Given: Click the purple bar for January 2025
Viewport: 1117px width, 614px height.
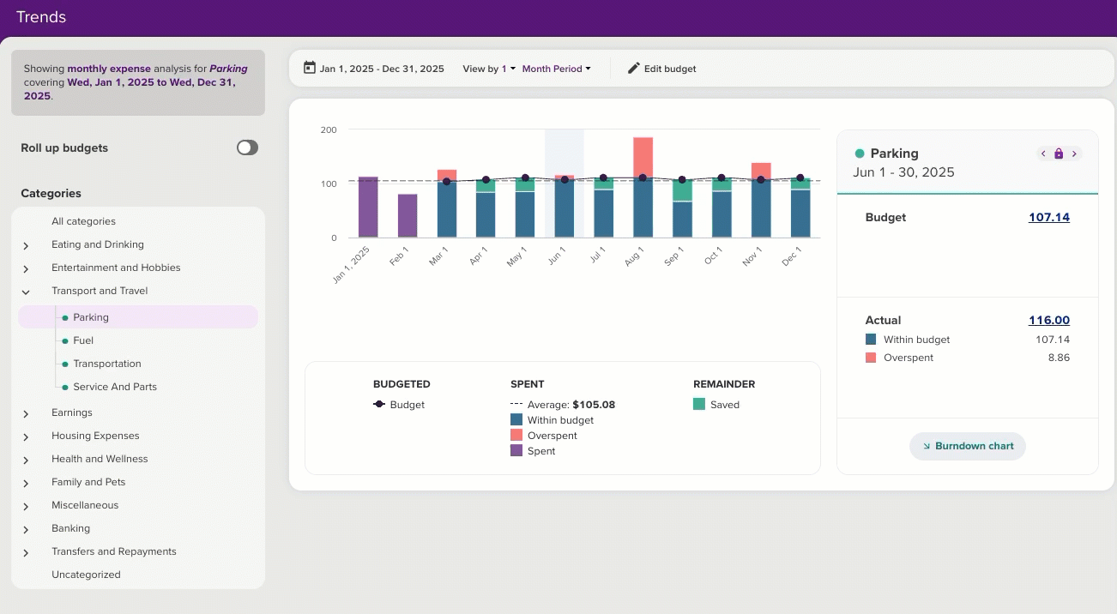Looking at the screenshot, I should pyautogui.click(x=368, y=207).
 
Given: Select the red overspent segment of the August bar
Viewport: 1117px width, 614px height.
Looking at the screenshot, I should pyautogui.click(x=643, y=157).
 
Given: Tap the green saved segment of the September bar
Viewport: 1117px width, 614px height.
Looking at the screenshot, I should pyautogui.click(x=683, y=190).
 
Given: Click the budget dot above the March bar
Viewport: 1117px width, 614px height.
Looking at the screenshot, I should pyautogui.click(x=446, y=182).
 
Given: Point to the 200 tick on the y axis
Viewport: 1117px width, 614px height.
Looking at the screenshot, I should pyautogui.click(x=329, y=130).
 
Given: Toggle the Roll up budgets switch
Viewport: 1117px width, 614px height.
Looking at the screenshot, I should pyautogui.click(x=247, y=147).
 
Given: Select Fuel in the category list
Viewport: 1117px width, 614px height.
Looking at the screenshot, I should pyautogui.click(x=83, y=340).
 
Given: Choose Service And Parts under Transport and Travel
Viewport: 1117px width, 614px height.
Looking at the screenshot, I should pyautogui.click(x=115, y=387).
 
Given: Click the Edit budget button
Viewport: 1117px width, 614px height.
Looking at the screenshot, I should pyautogui.click(x=661, y=69).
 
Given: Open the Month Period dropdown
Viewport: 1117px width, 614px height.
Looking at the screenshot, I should pyautogui.click(x=556, y=69).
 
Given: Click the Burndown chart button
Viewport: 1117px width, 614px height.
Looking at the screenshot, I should pyautogui.click(x=967, y=446).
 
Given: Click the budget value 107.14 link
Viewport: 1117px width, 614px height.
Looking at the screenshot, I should pyautogui.click(x=1048, y=218).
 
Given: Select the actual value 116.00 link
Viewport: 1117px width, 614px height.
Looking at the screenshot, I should pyautogui.click(x=1048, y=321).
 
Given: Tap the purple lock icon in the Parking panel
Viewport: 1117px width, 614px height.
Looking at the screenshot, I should pyautogui.click(x=1059, y=153).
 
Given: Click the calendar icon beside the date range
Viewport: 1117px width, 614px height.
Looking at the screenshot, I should pyautogui.click(x=309, y=68).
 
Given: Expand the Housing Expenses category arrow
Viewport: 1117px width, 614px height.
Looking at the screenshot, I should pyautogui.click(x=26, y=436).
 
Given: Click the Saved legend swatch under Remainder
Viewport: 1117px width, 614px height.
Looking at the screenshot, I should pyautogui.click(x=699, y=405).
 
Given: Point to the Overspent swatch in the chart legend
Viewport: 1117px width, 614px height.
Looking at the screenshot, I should pyautogui.click(x=516, y=436).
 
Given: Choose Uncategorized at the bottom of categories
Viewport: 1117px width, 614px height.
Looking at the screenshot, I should pyautogui.click(x=86, y=575).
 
